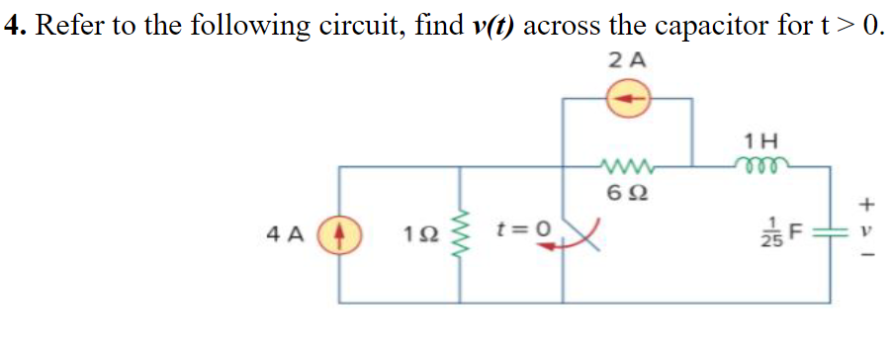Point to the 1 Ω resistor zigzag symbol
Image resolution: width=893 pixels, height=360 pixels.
coord(458,237)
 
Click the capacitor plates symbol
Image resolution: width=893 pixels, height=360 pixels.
coord(830,237)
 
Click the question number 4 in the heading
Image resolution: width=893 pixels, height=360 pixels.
coord(14,26)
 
